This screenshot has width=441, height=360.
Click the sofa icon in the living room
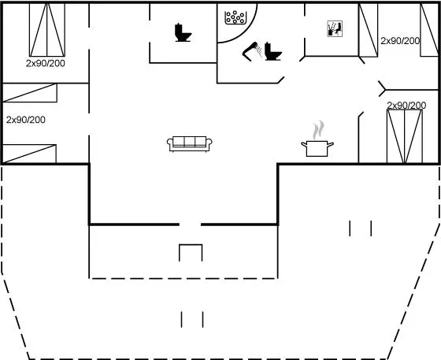point(189,144)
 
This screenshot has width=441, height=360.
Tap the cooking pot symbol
point(317,149)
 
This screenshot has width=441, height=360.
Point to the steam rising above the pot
point(319,130)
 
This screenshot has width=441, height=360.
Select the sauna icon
point(335,28)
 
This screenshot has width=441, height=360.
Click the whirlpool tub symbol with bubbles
point(235,17)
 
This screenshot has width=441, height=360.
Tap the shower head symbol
point(252,51)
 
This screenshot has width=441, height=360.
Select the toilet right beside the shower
point(272,51)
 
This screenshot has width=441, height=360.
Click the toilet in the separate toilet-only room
point(183,32)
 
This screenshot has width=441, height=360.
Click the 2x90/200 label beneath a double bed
point(46,63)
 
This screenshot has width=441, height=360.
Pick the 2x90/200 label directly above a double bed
point(406,106)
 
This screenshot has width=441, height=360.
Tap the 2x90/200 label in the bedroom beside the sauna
point(400,41)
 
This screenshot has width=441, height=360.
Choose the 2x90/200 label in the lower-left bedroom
point(26,120)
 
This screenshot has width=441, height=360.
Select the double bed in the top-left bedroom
point(47,29)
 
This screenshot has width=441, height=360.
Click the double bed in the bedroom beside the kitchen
point(405,136)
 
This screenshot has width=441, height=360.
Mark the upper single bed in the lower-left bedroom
point(30,92)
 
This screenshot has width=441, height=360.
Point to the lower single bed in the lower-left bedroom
point(30,154)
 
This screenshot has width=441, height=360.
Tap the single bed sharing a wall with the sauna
point(369,30)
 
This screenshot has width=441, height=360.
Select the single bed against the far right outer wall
point(429,30)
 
